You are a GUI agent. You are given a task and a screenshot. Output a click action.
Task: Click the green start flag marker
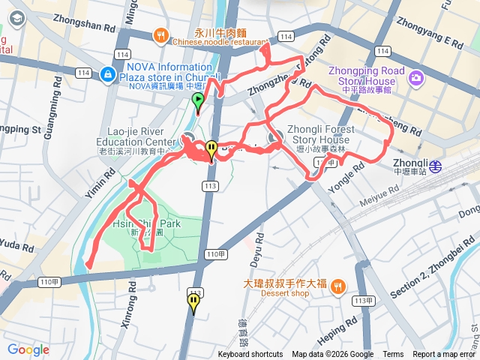[x=197, y=101]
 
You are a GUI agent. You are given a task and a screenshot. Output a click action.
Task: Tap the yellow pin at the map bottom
[x=193, y=302]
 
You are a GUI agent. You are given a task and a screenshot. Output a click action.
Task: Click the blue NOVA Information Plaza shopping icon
[x=108, y=73]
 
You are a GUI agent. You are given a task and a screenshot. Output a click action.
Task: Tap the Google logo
[x=28, y=349]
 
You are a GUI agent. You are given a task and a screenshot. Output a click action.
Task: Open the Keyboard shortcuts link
[x=250, y=355]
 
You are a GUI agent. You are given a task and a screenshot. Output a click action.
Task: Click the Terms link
[x=393, y=355]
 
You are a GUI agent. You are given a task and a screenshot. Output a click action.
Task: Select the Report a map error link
[x=444, y=355]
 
